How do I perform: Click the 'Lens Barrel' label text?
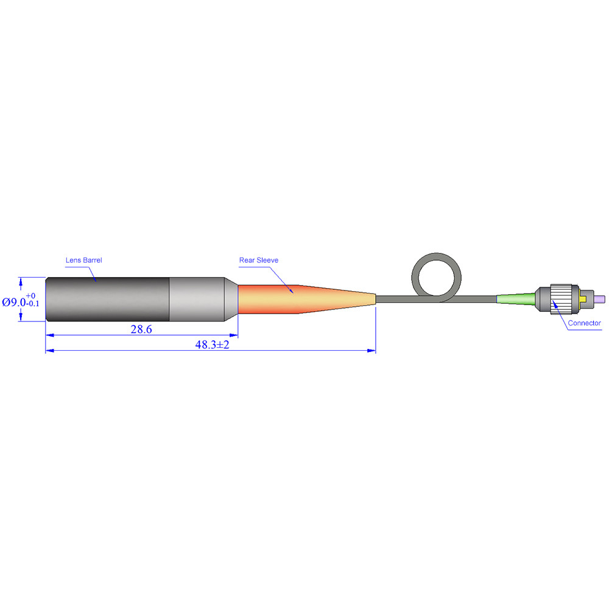(83, 260)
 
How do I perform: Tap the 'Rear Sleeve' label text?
(259, 260)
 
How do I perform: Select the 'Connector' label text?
(584, 323)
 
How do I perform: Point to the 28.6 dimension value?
(141, 329)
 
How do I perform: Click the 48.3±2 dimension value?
(212, 345)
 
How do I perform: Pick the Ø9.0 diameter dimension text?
(14, 302)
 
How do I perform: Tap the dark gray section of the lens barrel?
(107, 299)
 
